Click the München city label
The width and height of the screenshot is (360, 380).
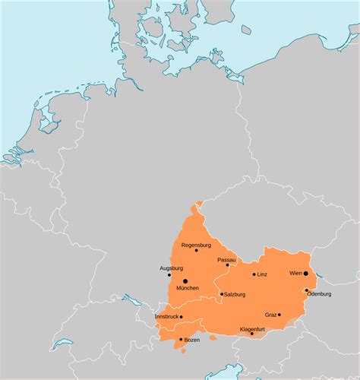(x=187, y=288)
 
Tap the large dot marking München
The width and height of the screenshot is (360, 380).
(x=185, y=281)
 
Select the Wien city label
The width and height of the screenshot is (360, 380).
(x=295, y=273)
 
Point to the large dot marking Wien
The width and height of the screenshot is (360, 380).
(x=306, y=274)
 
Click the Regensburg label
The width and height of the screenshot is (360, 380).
(x=196, y=245)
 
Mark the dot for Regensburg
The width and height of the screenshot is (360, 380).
(x=196, y=251)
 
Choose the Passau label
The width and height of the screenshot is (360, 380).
(x=226, y=260)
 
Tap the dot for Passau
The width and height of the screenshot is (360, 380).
(x=227, y=265)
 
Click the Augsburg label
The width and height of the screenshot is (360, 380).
(x=171, y=268)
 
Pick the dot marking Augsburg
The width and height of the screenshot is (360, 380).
(x=169, y=274)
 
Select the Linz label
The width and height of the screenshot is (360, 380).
(x=263, y=274)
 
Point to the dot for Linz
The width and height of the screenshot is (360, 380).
(x=254, y=274)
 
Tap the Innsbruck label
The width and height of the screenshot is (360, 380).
(x=167, y=315)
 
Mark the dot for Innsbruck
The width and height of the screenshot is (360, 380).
(x=181, y=317)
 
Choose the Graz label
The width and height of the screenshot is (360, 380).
(x=270, y=315)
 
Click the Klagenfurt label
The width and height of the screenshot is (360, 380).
(x=252, y=329)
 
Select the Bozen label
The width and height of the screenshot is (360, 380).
(x=192, y=340)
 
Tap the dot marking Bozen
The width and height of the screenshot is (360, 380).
(x=181, y=340)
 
